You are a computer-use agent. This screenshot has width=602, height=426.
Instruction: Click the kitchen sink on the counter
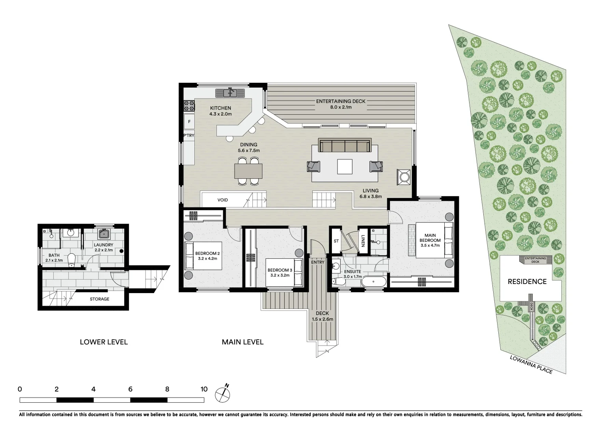point(230,93)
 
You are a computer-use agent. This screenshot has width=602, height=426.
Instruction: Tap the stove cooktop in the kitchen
point(189,106)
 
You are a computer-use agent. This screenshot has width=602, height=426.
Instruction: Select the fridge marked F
point(189,121)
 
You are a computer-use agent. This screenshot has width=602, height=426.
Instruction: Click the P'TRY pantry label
point(189,135)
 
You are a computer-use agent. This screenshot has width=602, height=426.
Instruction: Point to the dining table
point(248,171)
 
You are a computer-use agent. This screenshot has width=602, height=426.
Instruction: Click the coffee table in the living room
point(345,166)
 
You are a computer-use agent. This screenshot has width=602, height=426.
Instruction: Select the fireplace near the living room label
point(404,176)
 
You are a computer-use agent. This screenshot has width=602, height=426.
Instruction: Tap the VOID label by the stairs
point(223,200)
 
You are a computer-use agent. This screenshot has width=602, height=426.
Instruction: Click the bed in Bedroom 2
point(203,256)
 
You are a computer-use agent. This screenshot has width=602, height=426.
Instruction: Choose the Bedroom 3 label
point(280,270)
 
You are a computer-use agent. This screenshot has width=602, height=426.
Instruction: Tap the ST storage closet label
point(336,241)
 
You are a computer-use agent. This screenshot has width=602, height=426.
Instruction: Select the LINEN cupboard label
point(363,240)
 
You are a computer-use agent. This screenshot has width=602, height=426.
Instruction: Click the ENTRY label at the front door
point(318,262)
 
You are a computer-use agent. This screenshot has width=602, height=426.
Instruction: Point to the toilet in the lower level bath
point(71,259)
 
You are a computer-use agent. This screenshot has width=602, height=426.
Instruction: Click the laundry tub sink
point(104,235)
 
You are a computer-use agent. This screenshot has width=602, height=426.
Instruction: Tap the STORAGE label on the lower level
point(99,299)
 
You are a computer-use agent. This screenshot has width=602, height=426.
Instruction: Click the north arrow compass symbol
point(223,394)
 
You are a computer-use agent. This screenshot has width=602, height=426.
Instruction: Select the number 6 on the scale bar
point(130,389)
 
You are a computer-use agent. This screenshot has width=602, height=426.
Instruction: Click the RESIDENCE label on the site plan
point(527,282)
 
